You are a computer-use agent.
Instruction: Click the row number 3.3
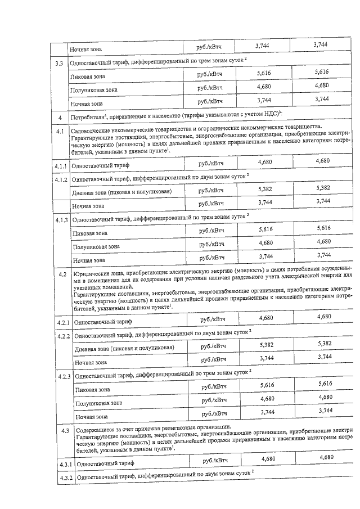point(58,63)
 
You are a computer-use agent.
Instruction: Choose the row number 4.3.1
point(64,465)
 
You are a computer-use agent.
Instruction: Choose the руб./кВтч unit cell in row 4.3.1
point(217,461)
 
